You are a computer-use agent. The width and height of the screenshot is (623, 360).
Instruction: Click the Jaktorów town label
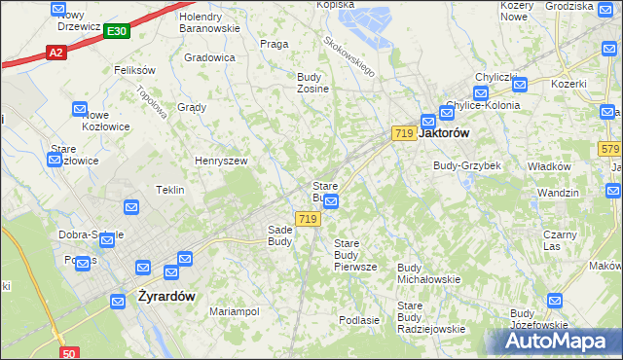[x=445, y=133]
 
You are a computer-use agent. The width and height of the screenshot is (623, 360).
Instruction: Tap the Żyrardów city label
[x=166, y=296]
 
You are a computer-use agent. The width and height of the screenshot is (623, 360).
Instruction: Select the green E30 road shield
[x=116, y=32]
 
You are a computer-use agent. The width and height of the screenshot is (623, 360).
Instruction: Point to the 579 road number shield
[x=609, y=148]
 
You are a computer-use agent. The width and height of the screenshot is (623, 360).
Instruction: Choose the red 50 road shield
[x=68, y=353]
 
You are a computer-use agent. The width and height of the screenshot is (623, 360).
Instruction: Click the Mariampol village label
[x=235, y=311]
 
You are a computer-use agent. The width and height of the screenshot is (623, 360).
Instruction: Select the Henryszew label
[x=221, y=161]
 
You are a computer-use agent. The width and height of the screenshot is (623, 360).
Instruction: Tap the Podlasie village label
[x=358, y=319]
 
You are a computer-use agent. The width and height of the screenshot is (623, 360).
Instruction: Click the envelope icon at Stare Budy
[x=331, y=201]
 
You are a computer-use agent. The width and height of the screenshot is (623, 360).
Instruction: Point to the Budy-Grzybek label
[x=467, y=165]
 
